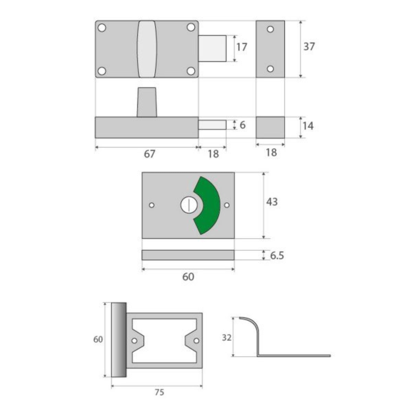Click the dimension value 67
[x=149, y=154]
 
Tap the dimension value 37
[x=309, y=47]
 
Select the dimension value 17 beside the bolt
[x=242, y=47]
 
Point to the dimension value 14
[x=308, y=126]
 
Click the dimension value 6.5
[x=277, y=255]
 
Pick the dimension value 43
[x=272, y=202]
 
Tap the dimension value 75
[x=160, y=392]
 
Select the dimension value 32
[x=227, y=344]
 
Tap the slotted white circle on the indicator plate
[x=189, y=205]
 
